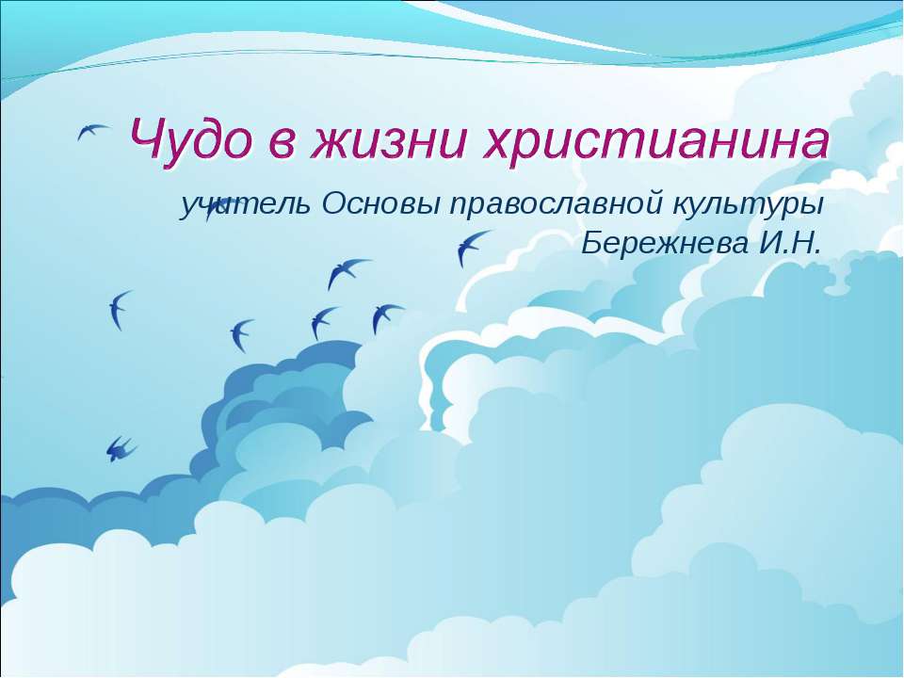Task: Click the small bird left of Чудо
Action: pyautogui.click(x=92, y=134)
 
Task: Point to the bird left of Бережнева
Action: pyautogui.click(x=472, y=247)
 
